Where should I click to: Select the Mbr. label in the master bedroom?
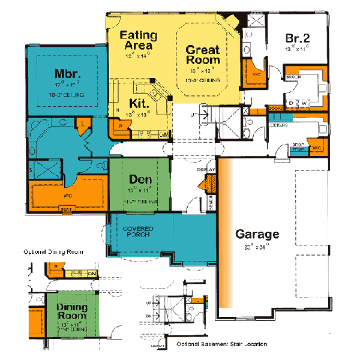(68, 74)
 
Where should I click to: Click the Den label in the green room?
(139, 179)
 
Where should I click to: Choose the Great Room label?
(202, 55)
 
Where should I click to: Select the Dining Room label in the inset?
(72, 312)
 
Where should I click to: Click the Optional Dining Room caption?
(53, 251)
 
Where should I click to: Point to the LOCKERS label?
(277, 125)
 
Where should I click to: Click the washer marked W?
(304, 103)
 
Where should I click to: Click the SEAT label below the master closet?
(67, 209)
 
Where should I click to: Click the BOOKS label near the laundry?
(275, 109)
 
